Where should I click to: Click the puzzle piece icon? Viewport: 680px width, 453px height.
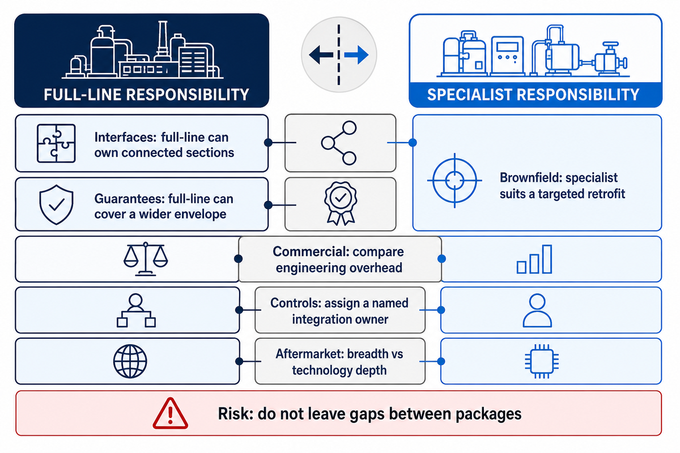coord(56,143)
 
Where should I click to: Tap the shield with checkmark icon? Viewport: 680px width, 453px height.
coord(56,204)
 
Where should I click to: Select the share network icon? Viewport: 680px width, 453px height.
coord(339,143)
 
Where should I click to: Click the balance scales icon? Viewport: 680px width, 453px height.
coord(146,259)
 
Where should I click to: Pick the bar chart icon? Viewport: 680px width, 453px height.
coord(534,259)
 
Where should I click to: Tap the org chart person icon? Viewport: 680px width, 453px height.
coord(136,310)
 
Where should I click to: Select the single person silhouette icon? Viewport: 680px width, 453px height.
coord(537,310)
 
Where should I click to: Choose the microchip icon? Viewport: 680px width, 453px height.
coord(542,361)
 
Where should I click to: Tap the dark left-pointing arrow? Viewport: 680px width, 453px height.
coord(321,55)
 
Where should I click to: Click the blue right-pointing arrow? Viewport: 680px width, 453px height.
coord(356,55)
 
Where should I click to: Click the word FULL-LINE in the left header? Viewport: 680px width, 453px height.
coord(82,95)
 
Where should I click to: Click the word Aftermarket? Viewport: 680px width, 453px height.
coord(309,354)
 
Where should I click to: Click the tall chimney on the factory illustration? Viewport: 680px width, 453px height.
coord(163,39)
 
